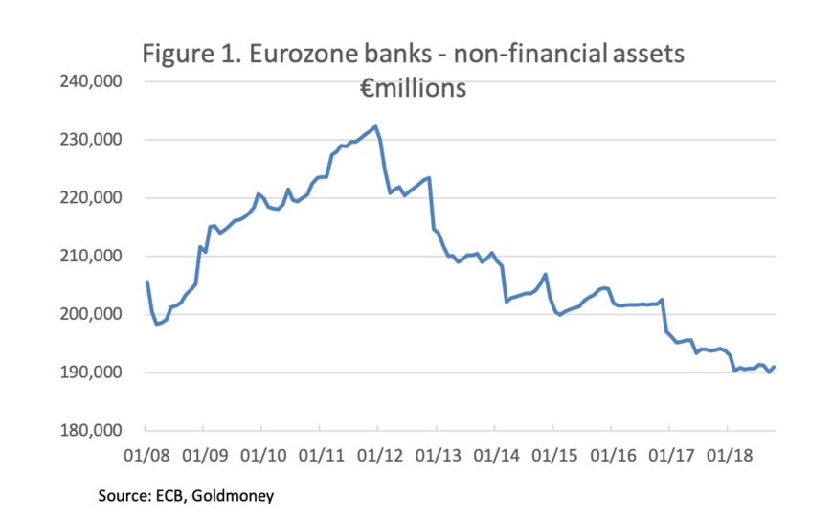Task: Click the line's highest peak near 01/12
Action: tap(375, 126)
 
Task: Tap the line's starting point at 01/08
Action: tap(146, 282)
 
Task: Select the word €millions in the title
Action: tap(413, 89)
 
